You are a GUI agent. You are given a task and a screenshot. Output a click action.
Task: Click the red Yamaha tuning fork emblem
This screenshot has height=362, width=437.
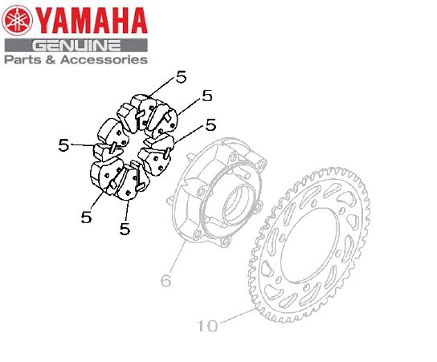click(x=17, y=21)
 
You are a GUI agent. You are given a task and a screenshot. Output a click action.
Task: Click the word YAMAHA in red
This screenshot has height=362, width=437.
click(x=92, y=21)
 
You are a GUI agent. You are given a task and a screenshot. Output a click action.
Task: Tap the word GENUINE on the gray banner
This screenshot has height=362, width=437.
click(x=76, y=46)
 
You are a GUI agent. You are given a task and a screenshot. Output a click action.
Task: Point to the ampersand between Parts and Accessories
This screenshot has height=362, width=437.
click(x=50, y=59)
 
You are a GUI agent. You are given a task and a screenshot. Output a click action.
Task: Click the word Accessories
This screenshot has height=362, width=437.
click(x=104, y=59)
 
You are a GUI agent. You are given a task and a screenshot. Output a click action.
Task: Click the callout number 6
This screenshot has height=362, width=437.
click(x=165, y=280)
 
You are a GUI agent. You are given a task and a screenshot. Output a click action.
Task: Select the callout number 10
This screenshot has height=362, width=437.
click(x=207, y=325)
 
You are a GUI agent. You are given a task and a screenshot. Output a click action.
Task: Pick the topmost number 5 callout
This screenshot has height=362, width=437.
click(x=182, y=76)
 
